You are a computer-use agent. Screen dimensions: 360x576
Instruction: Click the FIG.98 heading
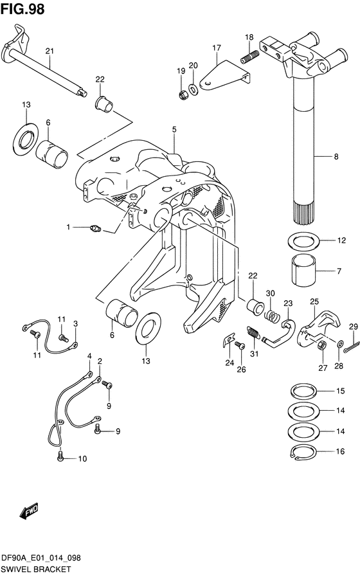point(22,9)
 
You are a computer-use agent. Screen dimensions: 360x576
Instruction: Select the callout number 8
point(336,157)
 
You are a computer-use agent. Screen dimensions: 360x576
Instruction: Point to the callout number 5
point(174,129)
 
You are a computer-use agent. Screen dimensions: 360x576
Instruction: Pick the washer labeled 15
point(303,391)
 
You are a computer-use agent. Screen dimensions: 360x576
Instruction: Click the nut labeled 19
point(183,94)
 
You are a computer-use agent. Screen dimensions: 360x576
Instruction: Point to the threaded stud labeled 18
point(250,57)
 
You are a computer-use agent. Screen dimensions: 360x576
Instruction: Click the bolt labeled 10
point(61,456)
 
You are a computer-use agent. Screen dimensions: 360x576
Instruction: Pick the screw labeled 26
point(240,345)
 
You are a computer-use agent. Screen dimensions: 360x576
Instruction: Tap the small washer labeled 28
point(340,344)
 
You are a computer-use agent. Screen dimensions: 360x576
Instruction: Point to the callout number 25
point(314,302)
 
